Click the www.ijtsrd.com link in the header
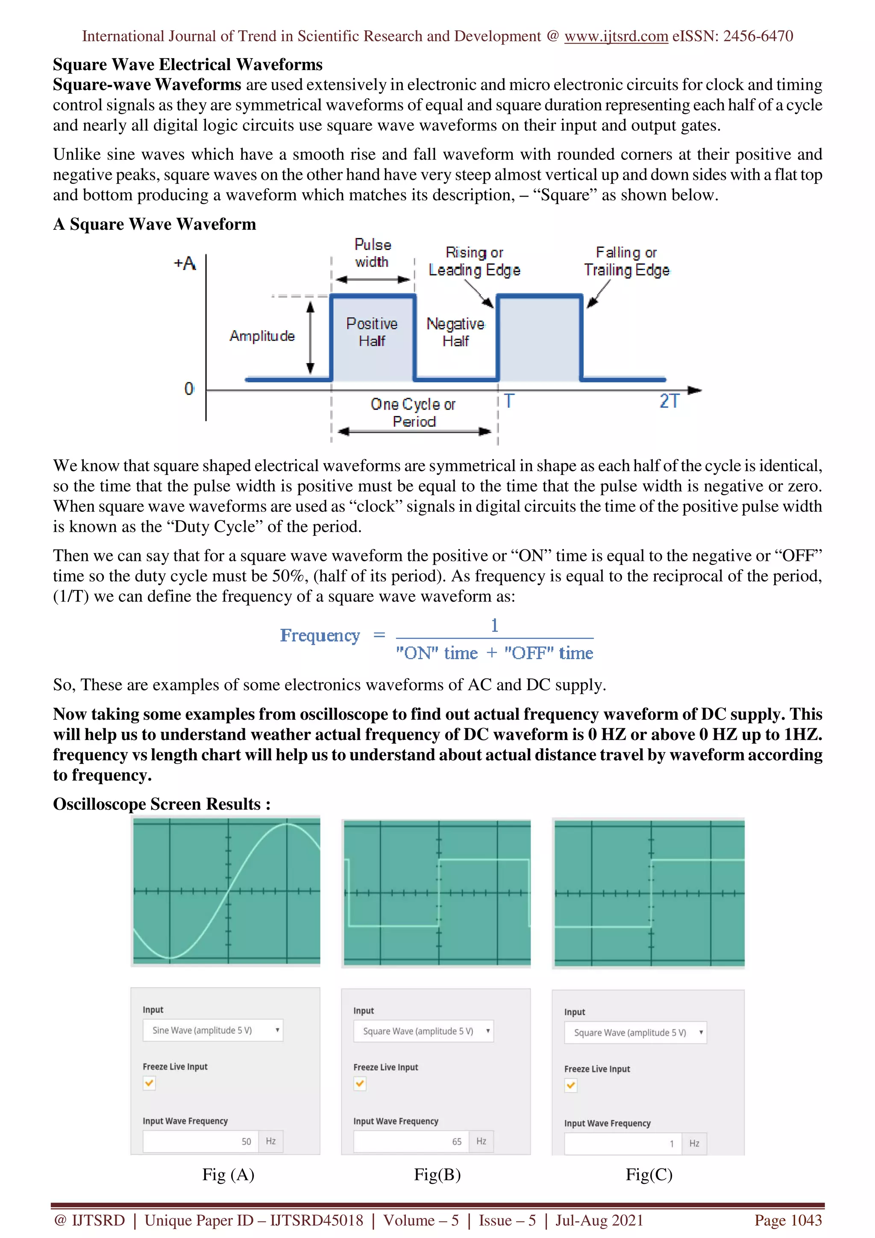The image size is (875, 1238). (x=616, y=36)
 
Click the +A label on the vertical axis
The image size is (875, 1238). (x=185, y=264)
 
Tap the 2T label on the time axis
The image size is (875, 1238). (x=669, y=401)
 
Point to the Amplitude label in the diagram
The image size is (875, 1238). (x=262, y=336)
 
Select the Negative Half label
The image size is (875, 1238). (x=455, y=332)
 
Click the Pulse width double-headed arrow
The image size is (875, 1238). (x=373, y=279)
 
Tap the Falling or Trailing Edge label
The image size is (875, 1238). (x=626, y=261)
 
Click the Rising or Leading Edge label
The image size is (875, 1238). (x=474, y=261)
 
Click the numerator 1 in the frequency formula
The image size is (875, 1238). (x=494, y=625)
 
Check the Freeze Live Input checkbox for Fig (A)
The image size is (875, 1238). (x=150, y=1083)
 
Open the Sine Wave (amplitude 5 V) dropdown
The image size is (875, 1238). (x=213, y=1030)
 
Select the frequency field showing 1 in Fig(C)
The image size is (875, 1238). (x=622, y=1144)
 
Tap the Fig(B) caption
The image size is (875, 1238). (x=437, y=1175)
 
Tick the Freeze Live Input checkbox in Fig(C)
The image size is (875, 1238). (x=571, y=1085)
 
